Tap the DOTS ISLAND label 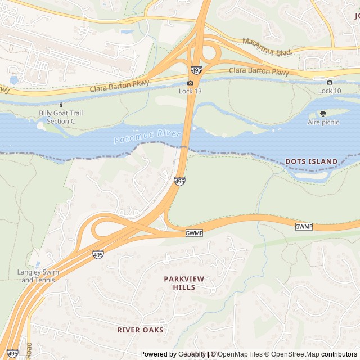pyautogui.click(x=311, y=161)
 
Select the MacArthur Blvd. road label pyautogui.click(x=267, y=47)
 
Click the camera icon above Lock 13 pyautogui.click(x=191, y=83)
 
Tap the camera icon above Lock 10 pyautogui.click(x=330, y=83)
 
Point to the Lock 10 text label pyautogui.click(x=330, y=91)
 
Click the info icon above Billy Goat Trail pyautogui.click(x=61, y=105)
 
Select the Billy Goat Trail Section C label pyautogui.click(x=61, y=117)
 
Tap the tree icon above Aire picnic pyautogui.click(x=323, y=114)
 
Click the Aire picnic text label pyautogui.click(x=323, y=122)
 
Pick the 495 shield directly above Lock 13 pyautogui.click(x=196, y=70)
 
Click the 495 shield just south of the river pyautogui.click(x=179, y=181)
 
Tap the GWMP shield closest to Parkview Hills pyautogui.click(x=193, y=233)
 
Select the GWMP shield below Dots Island pyautogui.click(x=303, y=226)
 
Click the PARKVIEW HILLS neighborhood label pyautogui.click(x=184, y=283)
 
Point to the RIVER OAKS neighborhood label pyautogui.click(x=141, y=330)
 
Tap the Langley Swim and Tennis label pyautogui.click(x=38, y=276)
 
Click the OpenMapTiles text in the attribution pyautogui.click(x=240, y=354)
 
